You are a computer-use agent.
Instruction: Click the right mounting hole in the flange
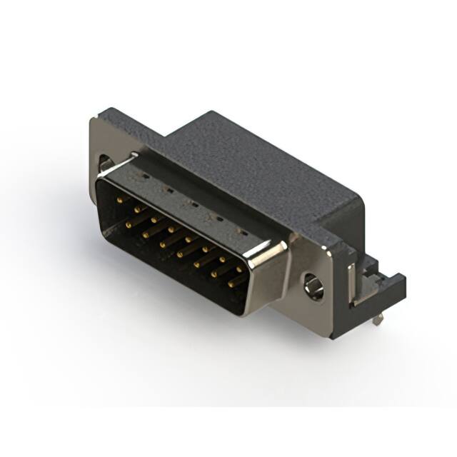pyautogui.click(x=312, y=285)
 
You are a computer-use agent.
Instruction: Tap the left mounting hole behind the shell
pyautogui.click(x=105, y=164)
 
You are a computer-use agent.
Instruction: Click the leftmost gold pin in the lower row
pyautogui.click(x=129, y=224)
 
